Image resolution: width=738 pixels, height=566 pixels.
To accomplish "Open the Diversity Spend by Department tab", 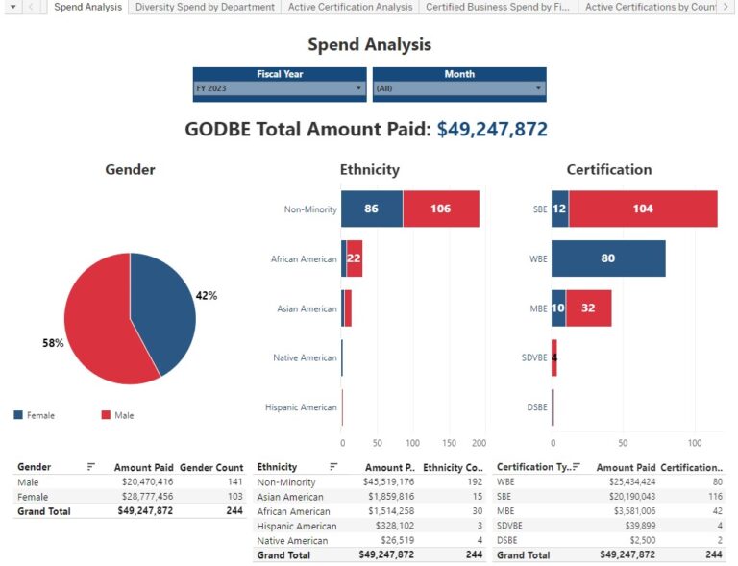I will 206,7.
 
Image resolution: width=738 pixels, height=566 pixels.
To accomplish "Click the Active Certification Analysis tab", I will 351,7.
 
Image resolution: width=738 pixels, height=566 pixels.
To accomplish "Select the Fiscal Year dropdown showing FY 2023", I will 280,88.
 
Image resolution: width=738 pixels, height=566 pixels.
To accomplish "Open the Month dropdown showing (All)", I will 458,88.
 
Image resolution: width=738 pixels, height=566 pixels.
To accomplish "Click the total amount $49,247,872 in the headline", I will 492,130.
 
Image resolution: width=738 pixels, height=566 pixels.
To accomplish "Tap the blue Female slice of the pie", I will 163,308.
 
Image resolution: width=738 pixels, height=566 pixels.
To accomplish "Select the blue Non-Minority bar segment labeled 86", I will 372,209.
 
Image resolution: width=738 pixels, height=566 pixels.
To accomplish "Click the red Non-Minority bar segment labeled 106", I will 441,209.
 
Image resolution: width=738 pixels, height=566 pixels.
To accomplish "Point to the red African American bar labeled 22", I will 355,258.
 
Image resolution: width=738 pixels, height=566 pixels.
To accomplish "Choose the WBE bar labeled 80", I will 608,258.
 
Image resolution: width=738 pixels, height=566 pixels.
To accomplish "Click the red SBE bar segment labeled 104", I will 643,209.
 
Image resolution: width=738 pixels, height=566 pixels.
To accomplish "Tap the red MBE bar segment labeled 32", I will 588,308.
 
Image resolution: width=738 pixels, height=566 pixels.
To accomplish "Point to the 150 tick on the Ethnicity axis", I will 449,443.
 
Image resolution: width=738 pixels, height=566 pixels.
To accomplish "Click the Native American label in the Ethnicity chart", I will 305,358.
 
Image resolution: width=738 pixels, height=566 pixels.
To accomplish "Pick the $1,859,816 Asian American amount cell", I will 388,497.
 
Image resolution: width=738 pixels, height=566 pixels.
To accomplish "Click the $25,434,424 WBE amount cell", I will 628,482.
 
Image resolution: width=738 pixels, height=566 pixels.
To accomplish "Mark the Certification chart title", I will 608,170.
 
